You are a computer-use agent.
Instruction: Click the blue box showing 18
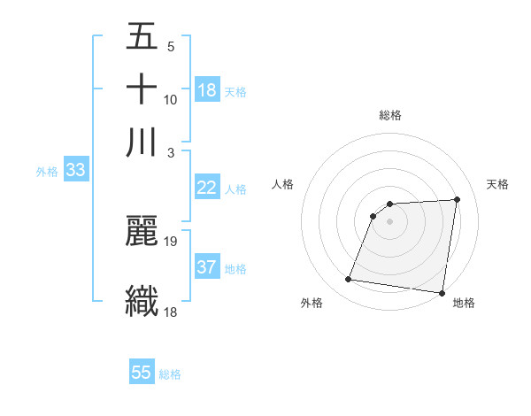click(207, 89)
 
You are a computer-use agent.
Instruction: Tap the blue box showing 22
click(207, 188)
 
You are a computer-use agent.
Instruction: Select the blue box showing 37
click(207, 267)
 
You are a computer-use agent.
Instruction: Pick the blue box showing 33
click(75, 171)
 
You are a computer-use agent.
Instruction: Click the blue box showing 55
click(142, 373)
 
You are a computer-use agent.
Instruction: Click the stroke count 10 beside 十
click(171, 99)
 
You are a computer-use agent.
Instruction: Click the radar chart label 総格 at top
click(390, 115)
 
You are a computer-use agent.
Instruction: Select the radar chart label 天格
click(497, 184)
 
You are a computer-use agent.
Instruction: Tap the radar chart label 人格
click(283, 184)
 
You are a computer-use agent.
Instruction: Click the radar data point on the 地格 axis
click(442, 293)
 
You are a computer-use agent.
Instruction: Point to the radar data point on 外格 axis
click(349, 280)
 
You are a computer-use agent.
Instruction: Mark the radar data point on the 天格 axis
click(457, 199)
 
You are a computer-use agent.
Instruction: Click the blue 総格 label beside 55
click(170, 374)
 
